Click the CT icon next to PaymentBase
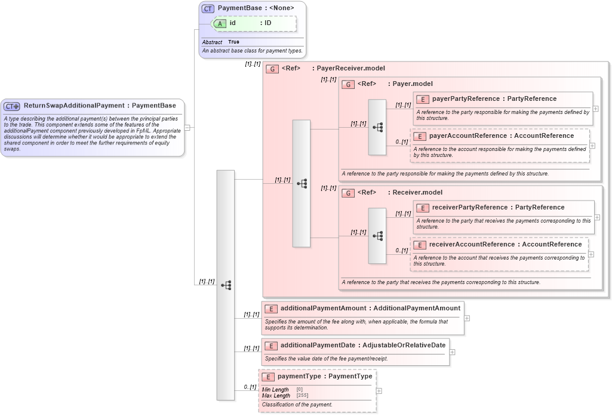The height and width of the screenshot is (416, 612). click(x=208, y=8)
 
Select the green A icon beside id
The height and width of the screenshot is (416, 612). click(x=220, y=23)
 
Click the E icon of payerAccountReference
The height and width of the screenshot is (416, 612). click(x=420, y=136)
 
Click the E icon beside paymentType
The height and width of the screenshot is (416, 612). click(x=268, y=377)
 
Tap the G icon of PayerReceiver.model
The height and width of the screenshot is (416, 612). click(x=272, y=69)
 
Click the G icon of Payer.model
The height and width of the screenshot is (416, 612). click(x=348, y=84)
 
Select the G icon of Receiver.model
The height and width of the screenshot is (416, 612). click(x=348, y=193)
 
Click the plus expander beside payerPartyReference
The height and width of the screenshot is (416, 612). click(x=596, y=109)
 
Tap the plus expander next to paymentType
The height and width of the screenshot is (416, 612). click(x=379, y=391)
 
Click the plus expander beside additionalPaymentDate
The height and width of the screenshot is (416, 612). click(x=452, y=352)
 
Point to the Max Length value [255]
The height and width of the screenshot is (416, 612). click(x=302, y=396)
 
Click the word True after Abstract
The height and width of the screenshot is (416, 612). click(x=233, y=42)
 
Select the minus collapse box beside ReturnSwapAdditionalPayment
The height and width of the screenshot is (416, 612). click(x=187, y=127)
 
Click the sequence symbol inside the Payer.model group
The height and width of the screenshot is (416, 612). click(x=377, y=127)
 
